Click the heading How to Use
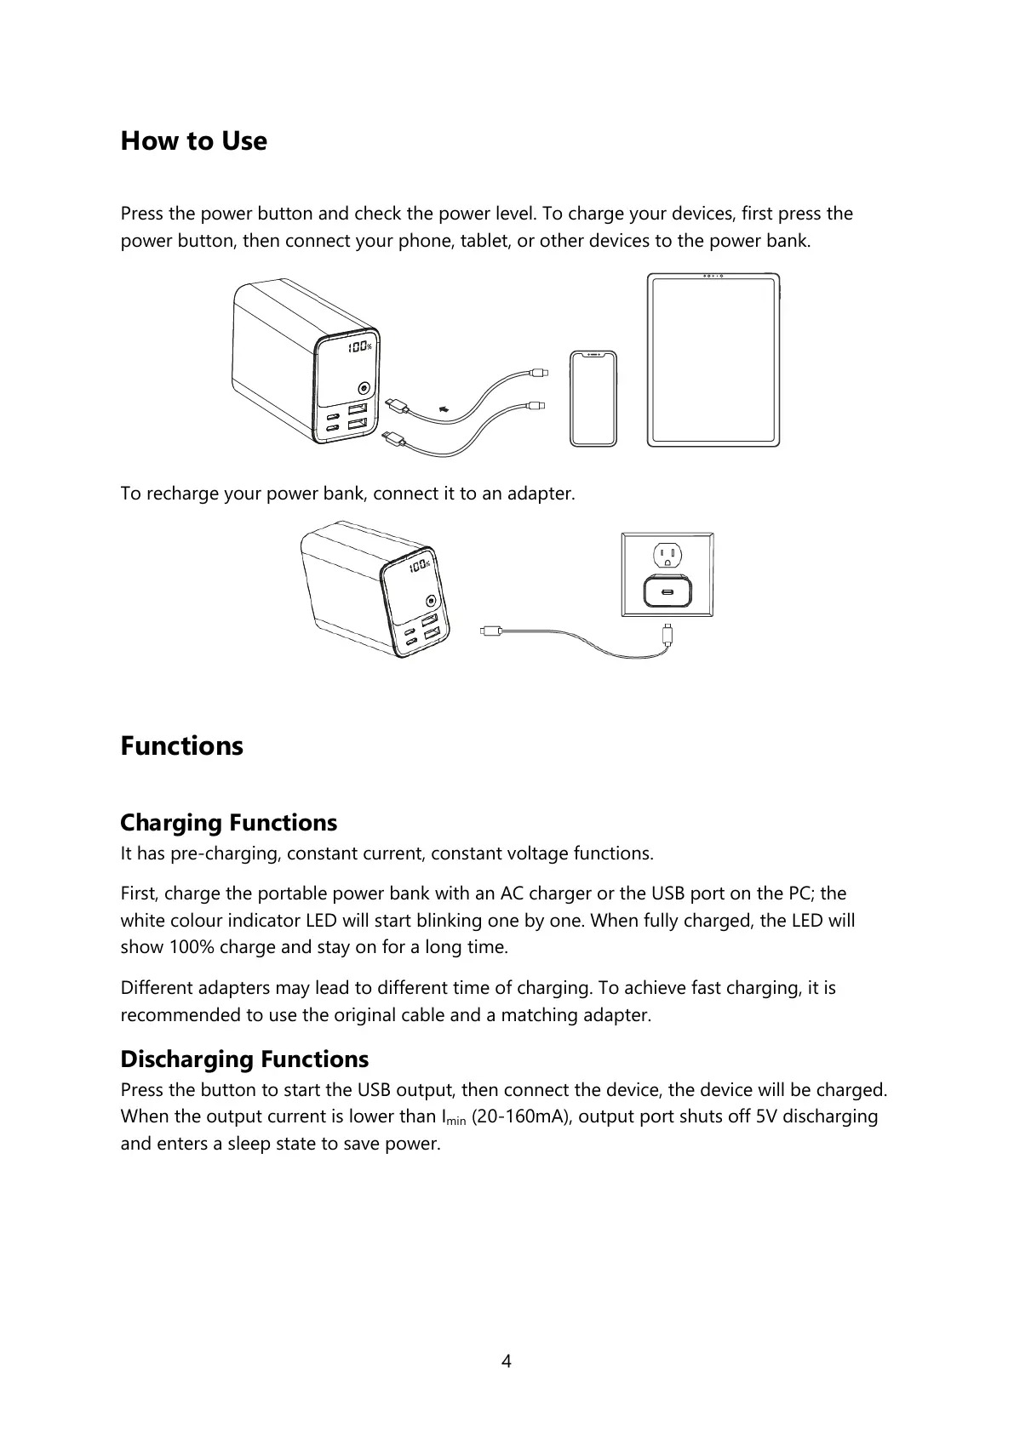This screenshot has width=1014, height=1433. point(193,141)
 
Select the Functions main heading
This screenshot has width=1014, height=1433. point(181,746)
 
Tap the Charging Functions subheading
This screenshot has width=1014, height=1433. point(228,823)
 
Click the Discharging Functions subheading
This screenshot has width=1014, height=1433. point(244,1059)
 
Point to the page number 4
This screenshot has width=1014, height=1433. point(507,1361)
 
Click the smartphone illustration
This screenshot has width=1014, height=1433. point(593,397)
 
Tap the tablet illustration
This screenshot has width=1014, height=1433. point(713,360)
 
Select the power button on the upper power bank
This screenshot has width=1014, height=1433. point(364,388)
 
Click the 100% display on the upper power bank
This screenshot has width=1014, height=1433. point(359,347)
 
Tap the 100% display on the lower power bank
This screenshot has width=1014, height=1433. point(419,567)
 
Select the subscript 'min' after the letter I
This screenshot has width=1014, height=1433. point(456,1122)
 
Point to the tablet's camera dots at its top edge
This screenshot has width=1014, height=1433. point(713,277)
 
